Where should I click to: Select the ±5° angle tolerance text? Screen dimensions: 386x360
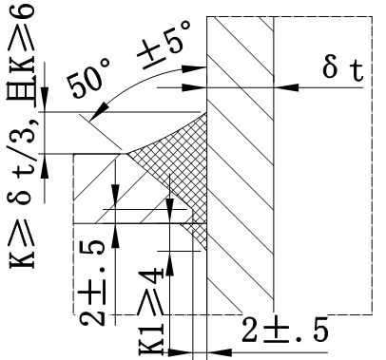(x=164, y=45)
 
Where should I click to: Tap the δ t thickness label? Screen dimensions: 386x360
(x=343, y=69)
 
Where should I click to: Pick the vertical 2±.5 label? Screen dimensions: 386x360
(x=92, y=283)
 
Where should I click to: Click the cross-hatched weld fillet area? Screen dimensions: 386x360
(x=178, y=164)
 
